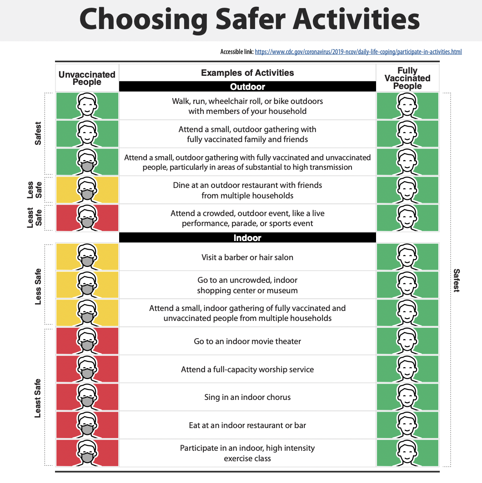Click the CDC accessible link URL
(x=358, y=52)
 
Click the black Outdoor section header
(x=247, y=87)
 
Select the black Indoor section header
(x=247, y=237)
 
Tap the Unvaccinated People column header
(x=87, y=78)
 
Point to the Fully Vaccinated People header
(x=407, y=78)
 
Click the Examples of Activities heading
(x=247, y=73)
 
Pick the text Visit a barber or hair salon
(x=247, y=257)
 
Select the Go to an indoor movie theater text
(x=247, y=341)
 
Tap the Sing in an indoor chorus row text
(x=247, y=397)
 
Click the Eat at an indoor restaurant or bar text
(x=247, y=425)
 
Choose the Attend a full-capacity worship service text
(x=247, y=369)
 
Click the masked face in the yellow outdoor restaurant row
(x=87, y=190)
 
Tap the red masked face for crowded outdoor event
(x=87, y=218)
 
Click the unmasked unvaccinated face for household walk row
(x=87, y=106)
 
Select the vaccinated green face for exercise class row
(x=407, y=453)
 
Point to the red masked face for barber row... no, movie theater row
(x=87, y=341)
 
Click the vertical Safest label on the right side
(x=457, y=280)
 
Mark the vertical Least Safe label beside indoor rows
(x=38, y=398)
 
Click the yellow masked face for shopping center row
(x=87, y=285)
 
